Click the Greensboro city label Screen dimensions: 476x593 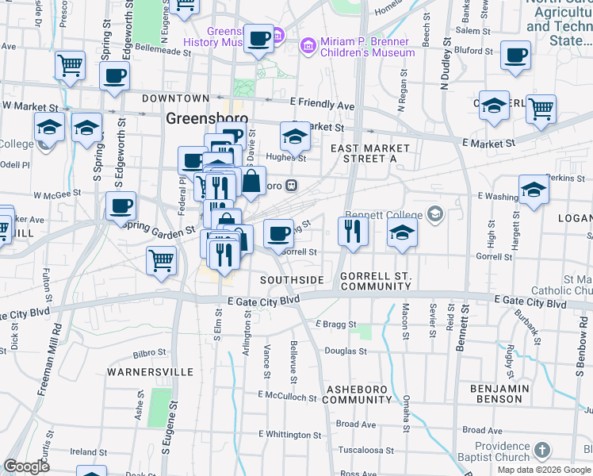[x=207, y=118]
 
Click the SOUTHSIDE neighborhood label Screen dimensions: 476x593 [x=293, y=280]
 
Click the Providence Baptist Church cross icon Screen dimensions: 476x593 [x=541, y=451]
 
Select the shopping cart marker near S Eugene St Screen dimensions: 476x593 [x=162, y=259]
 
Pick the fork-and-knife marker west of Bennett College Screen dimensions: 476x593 [x=353, y=231]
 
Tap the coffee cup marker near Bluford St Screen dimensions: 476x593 [x=516, y=56]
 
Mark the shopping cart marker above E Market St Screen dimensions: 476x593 [x=541, y=109]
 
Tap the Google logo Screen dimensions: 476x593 [x=27, y=466]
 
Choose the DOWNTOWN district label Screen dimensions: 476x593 [x=175, y=98]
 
